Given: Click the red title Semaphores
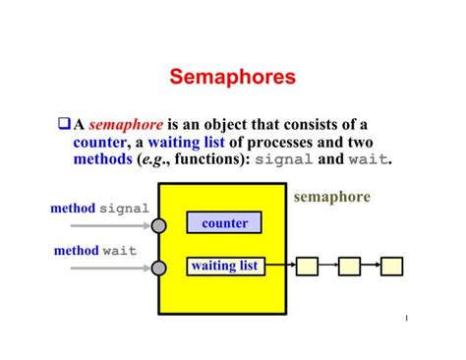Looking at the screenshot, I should pyautogui.click(x=233, y=77).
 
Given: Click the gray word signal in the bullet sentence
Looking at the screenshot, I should pyautogui.click(x=284, y=159).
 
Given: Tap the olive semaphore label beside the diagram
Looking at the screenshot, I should pyautogui.click(x=332, y=197).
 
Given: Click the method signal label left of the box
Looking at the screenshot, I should pyautogui.click(x=99, y=209).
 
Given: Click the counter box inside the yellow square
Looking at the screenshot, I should pyautogui.click(x=225, y=223).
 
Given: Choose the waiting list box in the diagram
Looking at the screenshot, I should pyautogui.click(x=225, y=266).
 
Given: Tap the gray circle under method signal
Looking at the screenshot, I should pyautogui.click(x=159, y=225).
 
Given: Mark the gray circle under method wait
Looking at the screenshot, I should pyautogui.click(x=159, y=267).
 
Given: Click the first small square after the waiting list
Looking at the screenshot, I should pyautogui.click(x=308, y=266).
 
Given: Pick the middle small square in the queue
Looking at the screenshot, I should pyautogui.click(x=349, y=266).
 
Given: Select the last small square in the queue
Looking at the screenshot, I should pyautogui.click(x=391, y=266).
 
